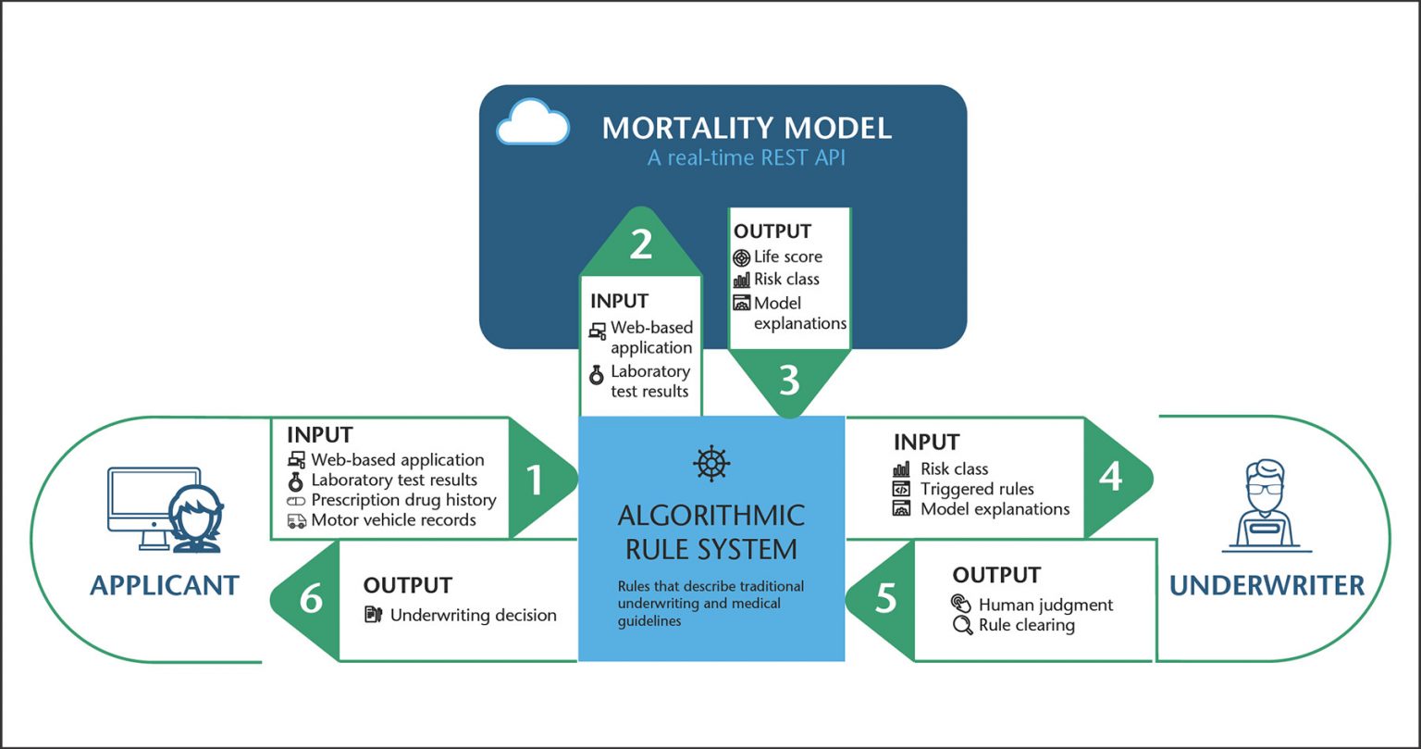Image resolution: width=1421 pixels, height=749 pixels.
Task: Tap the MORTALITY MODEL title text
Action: click(x=747, y=128)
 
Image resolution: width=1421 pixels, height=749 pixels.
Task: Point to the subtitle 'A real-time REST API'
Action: click(x=746, y=158)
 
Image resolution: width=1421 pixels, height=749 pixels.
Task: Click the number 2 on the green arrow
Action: click(x=641, y=244)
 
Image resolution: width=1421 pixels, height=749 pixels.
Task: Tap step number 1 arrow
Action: click(x=535, y=480)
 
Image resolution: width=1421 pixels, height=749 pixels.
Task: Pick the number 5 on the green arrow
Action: click(x=885, y=599)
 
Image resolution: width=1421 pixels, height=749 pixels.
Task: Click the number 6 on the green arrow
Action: click(x=311, y=599)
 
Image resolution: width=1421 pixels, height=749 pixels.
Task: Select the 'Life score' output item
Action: click(x=787, y=256)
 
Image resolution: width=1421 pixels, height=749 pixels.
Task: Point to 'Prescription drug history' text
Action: click(x=403, y=500)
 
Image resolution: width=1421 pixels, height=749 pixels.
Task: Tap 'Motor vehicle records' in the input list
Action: click(x=393, y=520)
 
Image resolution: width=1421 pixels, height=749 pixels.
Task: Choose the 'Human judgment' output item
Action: click(x=1045, y=605)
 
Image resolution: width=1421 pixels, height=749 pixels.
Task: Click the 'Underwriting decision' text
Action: click(x=473, y=615)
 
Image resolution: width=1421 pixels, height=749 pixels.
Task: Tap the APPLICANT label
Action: click(x=165, y=585)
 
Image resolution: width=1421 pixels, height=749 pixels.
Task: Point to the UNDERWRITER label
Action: click(x=1267, y=585)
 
